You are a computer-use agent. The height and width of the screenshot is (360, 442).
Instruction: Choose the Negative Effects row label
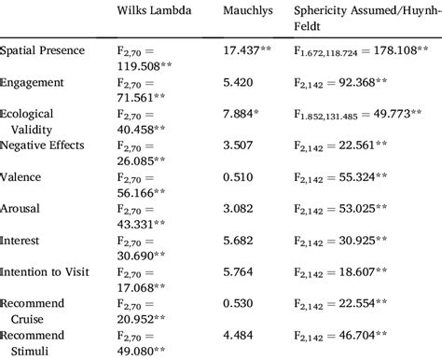click(x=44, y=144)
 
